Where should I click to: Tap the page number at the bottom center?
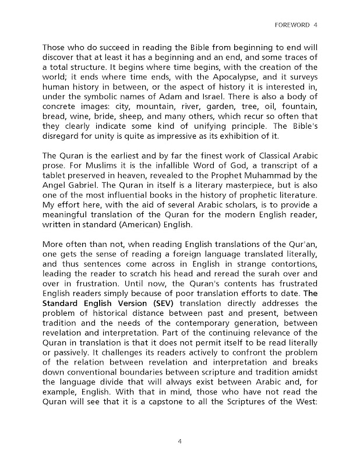tap(180, 442)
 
